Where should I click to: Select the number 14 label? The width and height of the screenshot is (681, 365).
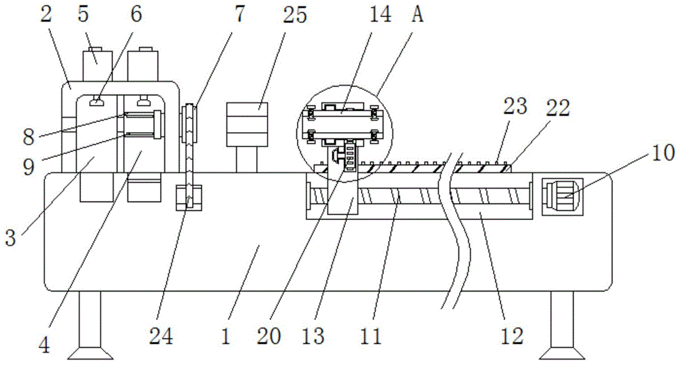click(381, 15)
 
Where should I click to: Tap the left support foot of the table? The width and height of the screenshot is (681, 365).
click(89, 327)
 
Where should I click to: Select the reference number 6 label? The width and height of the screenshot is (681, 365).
click(137, 15)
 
